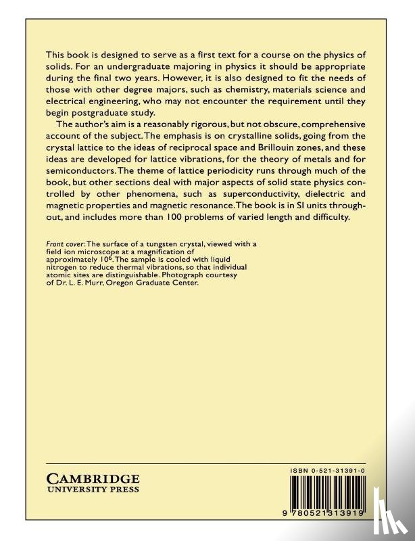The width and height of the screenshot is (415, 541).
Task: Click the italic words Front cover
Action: tap(66, 244)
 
